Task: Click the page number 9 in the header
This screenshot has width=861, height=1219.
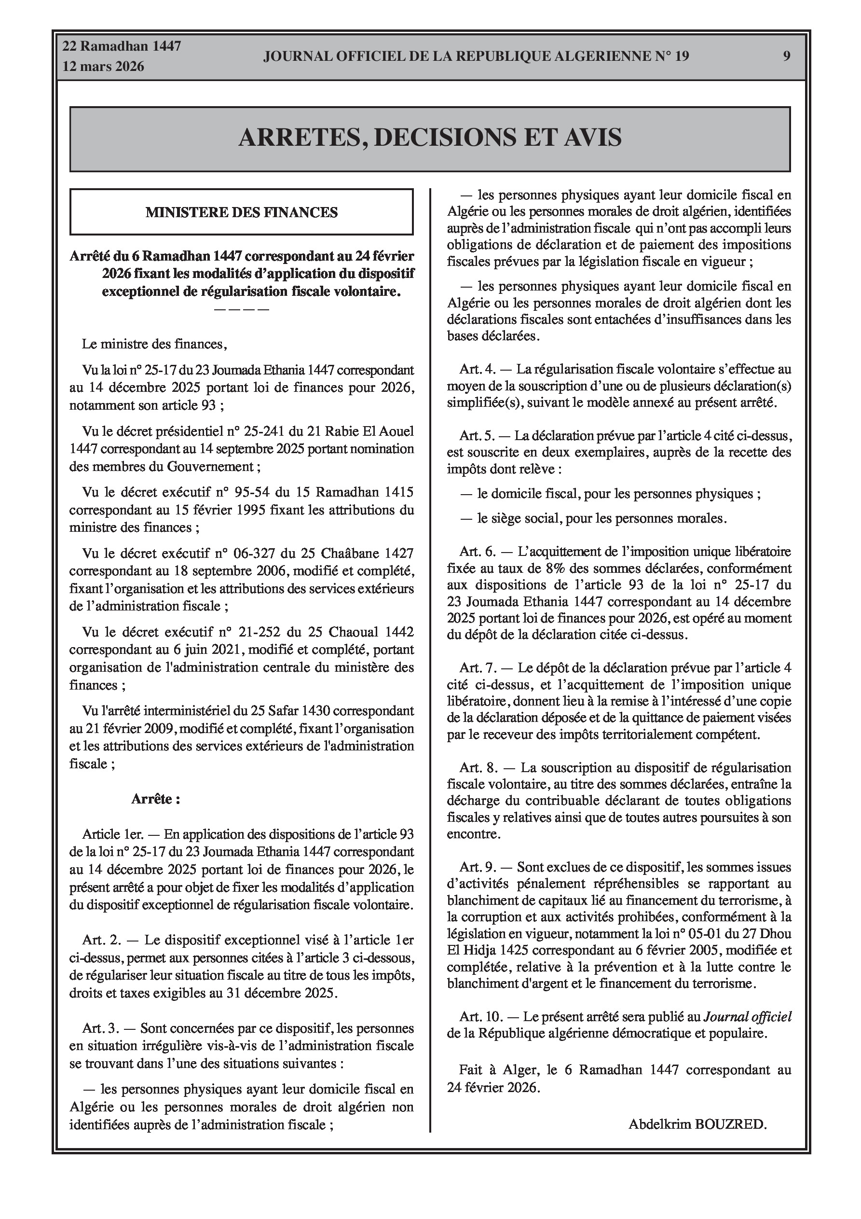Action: (786, 56)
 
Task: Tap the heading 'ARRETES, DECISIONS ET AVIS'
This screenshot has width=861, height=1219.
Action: (430, 138)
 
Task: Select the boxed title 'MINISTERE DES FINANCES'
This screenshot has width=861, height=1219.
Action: (242, 212)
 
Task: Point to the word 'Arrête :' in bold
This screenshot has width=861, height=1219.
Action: (155, 799)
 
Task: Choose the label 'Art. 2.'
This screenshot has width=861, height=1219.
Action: (101, 940)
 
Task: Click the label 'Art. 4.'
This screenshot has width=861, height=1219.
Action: (477, 369)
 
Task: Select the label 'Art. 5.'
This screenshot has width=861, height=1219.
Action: (477, 436)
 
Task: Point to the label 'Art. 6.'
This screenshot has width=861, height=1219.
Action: (477, 552)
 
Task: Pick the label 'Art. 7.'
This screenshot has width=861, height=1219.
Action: (477, 667)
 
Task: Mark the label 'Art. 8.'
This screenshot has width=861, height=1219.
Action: (477, 767)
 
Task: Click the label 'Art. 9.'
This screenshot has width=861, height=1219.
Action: (477, 867)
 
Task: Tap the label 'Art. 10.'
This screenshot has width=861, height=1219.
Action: (480, 1017)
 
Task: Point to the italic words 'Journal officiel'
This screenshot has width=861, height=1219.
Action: (747, 1017)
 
